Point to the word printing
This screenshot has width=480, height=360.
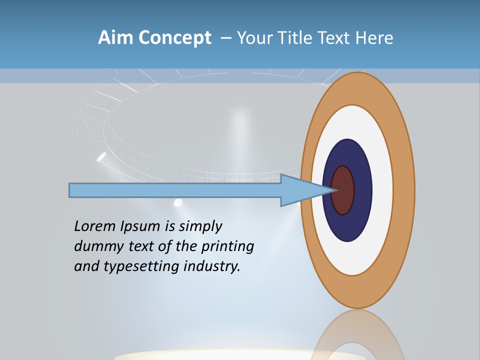(227, 246)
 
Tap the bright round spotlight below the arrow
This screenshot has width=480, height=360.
(177, 202)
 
